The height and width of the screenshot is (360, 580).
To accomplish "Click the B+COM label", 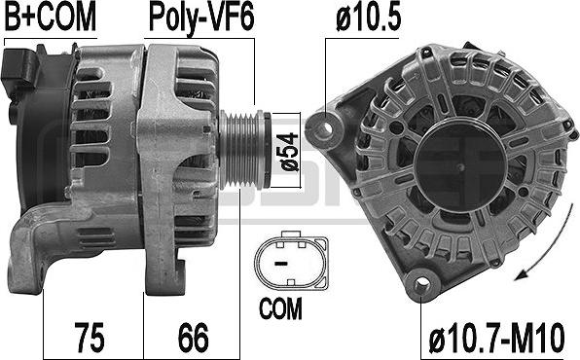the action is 50,17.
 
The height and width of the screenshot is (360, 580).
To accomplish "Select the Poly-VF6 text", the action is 201,18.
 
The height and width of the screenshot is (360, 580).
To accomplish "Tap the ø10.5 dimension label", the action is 368,18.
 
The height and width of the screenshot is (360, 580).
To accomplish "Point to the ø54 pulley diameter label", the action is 289,152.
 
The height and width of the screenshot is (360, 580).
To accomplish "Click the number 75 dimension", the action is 90,337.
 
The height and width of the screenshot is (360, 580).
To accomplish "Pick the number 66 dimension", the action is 193,337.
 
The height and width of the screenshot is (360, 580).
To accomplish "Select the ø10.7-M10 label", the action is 496,338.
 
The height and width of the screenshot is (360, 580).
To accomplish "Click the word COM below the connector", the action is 280,308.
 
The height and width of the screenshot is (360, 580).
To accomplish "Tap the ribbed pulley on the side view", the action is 244,150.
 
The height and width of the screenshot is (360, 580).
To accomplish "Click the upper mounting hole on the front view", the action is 326,129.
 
